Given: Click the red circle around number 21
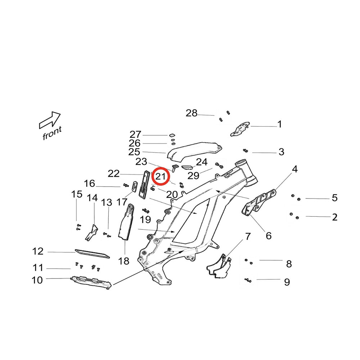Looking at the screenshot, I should tap(160, 177).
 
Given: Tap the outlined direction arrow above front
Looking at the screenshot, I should tap(50, 120).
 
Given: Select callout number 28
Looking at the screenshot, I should tap(192, 113).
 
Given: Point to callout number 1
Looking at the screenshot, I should tap(279, 125).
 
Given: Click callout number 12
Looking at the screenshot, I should tap(38, 251).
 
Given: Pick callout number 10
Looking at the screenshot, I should tap(37, 280).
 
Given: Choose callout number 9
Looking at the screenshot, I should tap(287, 282).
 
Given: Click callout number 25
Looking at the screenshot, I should tap(134, 152).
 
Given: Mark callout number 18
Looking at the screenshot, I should tap(123, 261).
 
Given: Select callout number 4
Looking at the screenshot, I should tap(295, 169).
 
